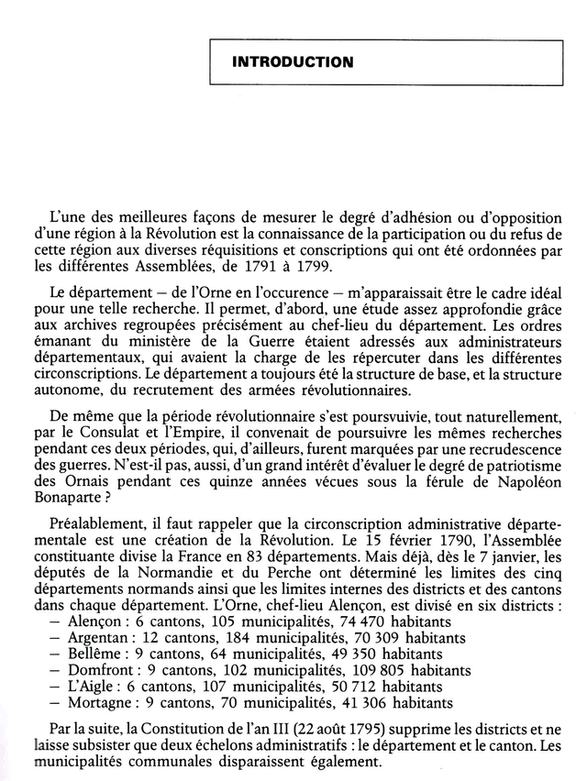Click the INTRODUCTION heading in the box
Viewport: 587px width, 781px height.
pos(293,62)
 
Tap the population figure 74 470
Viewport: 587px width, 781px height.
pos(367,621)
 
